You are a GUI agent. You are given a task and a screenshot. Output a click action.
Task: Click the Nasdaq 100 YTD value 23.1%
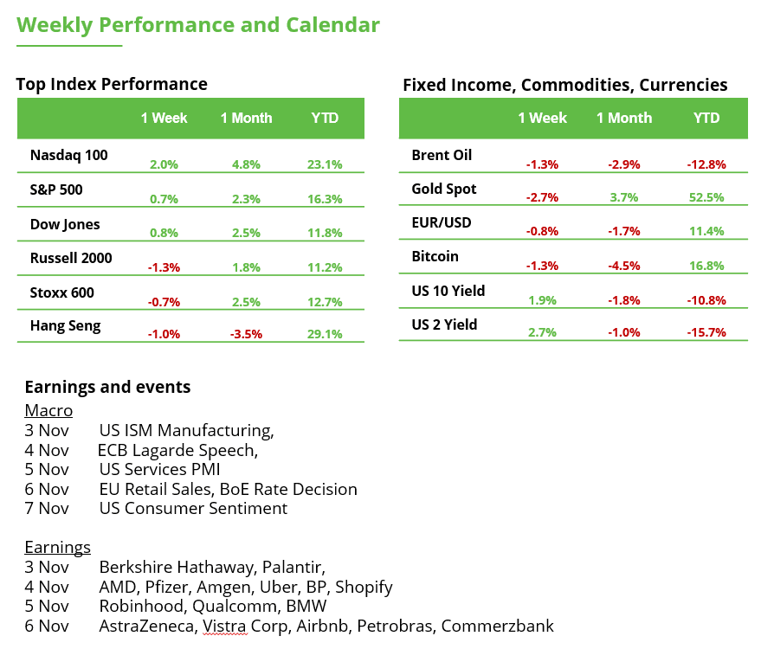point(325,164)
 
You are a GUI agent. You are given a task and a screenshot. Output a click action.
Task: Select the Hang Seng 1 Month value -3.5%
point(246,334)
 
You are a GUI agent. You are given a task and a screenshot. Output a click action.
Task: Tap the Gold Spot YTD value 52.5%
point(707,197)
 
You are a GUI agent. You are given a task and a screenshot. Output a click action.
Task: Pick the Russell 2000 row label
point(71,258)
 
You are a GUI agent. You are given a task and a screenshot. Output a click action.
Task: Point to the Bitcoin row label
point(435,256)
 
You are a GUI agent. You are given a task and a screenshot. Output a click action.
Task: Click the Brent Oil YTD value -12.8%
point(707,164)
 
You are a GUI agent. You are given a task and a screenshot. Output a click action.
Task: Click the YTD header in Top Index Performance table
point(325,119)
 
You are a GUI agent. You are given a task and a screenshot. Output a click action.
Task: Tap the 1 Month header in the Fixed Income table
point(624,119)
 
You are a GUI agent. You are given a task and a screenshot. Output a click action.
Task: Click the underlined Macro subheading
point(48,410)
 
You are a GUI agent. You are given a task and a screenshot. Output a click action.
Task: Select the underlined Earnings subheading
point(57,547)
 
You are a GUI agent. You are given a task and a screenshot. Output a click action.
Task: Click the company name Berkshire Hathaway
point(163,568)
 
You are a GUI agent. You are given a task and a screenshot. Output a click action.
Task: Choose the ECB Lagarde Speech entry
point(177,450)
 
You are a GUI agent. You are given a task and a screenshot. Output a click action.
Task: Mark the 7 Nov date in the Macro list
point(47,509)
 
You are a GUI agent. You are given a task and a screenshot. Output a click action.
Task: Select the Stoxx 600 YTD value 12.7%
point(325,301)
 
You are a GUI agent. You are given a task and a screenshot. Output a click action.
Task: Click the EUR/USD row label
point(442,222)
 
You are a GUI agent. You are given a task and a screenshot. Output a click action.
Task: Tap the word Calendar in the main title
point(332,25)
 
